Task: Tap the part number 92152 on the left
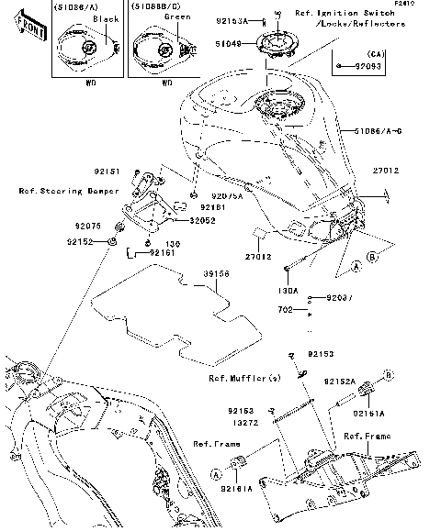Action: click(80, 241)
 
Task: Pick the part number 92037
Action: click(336, 298)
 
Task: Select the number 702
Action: click(286, 311)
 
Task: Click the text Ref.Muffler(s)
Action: click(243, 377)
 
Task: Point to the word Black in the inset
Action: click(106, 18)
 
